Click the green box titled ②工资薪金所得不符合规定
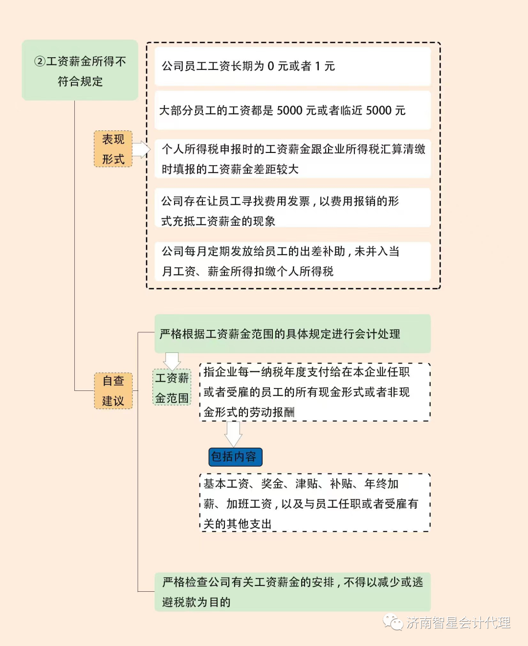(x=80, y=70)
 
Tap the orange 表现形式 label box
(x=113, y=149)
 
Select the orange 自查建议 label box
(x=113, y=390)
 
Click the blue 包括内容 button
(x=235, y=457)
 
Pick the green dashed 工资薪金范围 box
(x=172, y=388)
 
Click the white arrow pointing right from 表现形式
(x=141, y=150)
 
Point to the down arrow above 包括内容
(x=233, y=433)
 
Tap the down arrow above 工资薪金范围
(x=172, y=361)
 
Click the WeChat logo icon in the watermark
(x=393, y=622)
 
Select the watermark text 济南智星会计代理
(x=459, y=623)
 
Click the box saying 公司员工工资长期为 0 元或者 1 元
(x=292, y=66)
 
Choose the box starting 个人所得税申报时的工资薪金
(x=292, y=159)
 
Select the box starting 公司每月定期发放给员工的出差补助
(x=292, y=261)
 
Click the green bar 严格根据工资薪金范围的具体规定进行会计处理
(x=292, y=334)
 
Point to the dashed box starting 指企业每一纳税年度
(x=315, y=392)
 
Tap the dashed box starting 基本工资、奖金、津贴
(x=315, y=503)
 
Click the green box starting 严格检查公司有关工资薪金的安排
(x=292, y=592)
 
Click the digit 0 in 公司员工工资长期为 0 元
(x=271, y=66)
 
